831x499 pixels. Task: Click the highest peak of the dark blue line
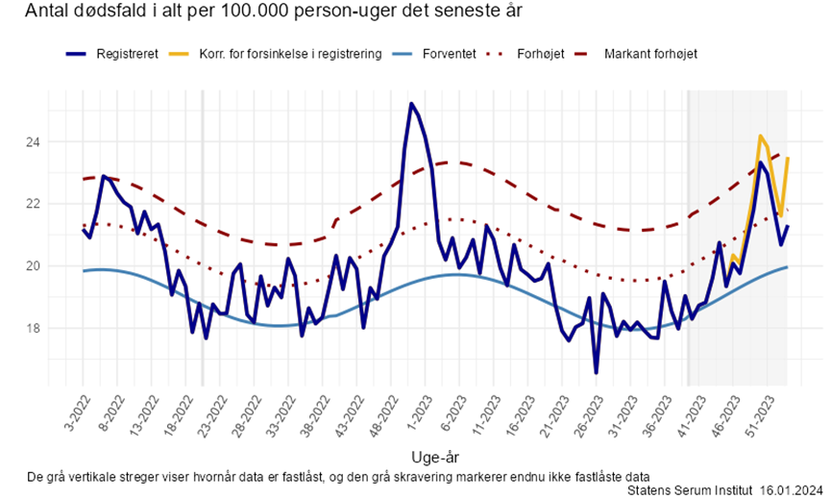411,104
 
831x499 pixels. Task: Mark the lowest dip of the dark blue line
596,372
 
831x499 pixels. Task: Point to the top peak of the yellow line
760,137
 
